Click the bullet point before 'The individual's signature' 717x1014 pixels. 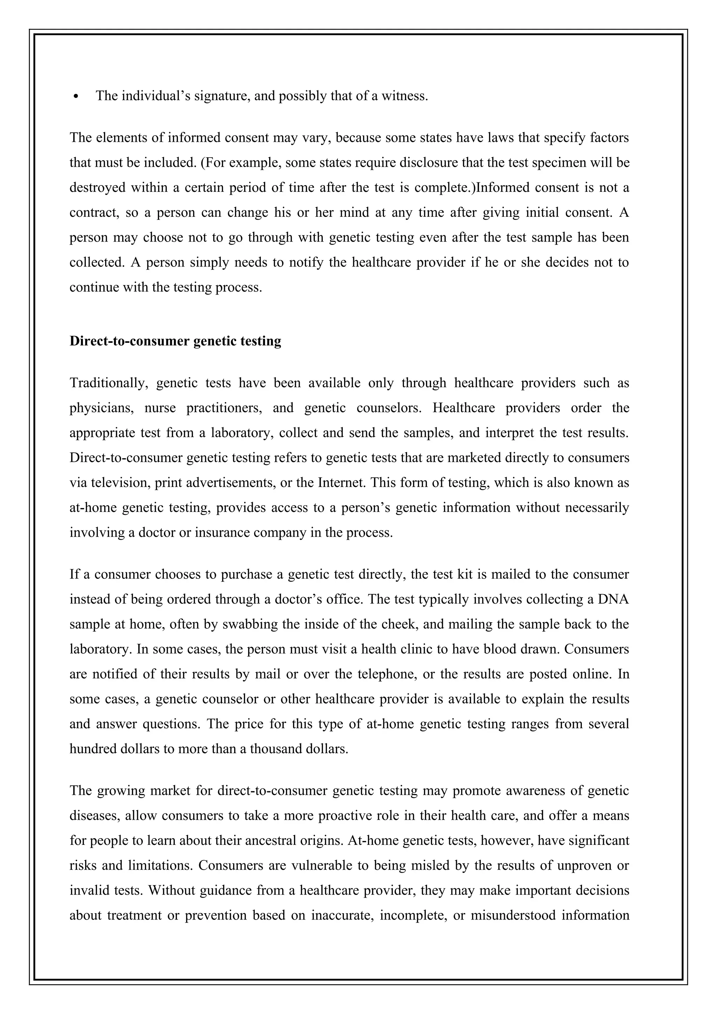pos(77,97)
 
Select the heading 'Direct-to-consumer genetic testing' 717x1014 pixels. pos(175,341)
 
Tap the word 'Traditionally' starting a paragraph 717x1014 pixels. pos(108,383)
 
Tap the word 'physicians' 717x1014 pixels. pos(102,408)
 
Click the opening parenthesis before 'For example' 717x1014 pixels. pos(203,163)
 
